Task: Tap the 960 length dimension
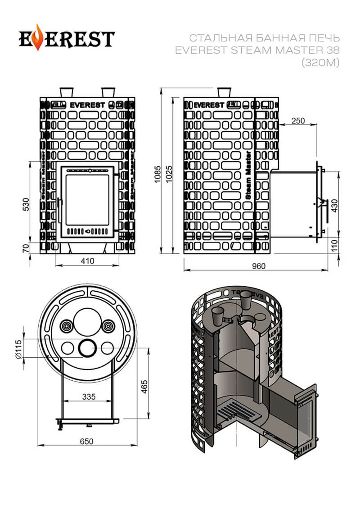pyautogui.click(x=259, y=266)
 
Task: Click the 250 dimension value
pyautogui.click(x=298, y=121)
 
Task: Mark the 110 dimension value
pyautogui.click(x=334, y=245)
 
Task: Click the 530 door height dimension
pyautogui.click(x=26, y=204)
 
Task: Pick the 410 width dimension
pyautogui.click(x=88, y=261)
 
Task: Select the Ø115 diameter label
pyautogui.click(x=18, y=347)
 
